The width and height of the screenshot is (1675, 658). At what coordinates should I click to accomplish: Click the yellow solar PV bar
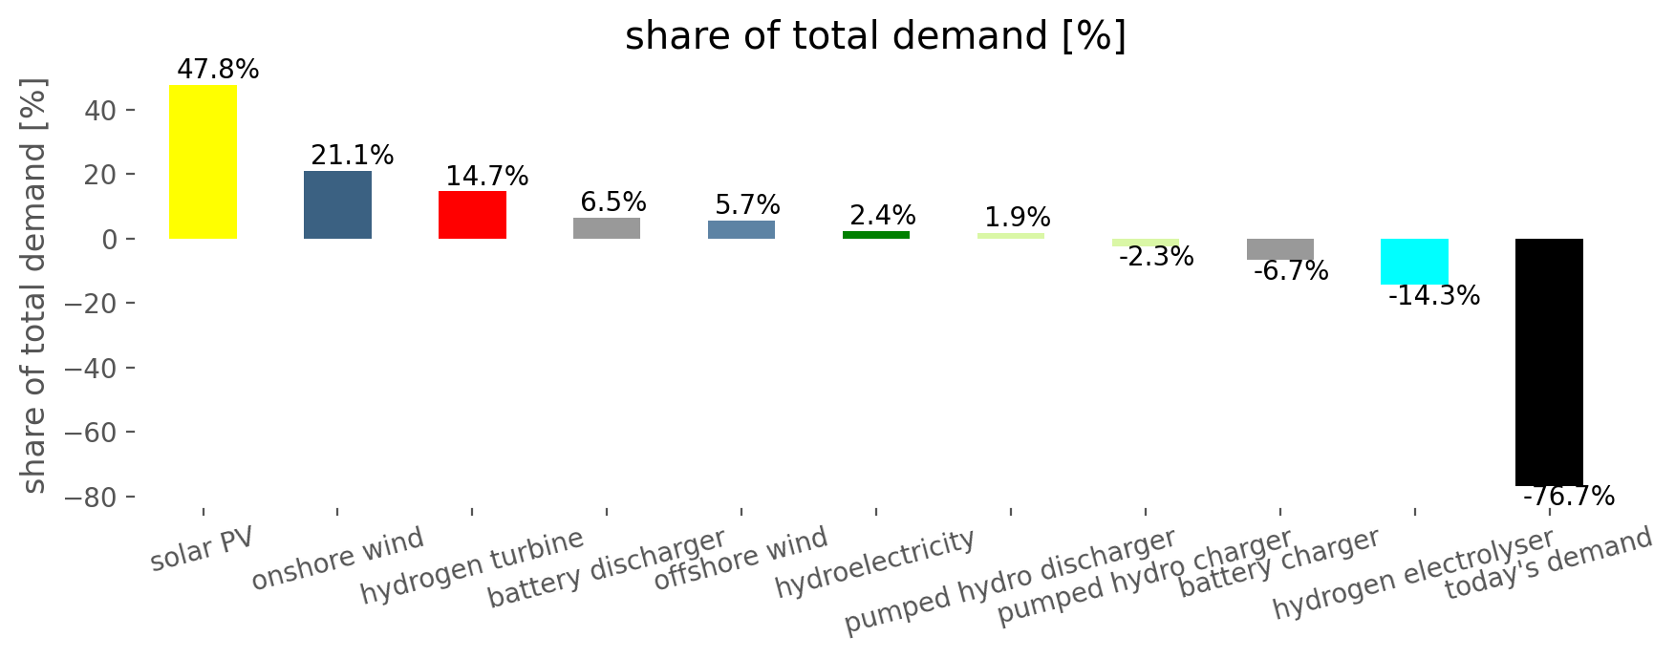click(203, 161)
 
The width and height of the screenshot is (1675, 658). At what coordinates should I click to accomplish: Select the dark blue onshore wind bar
click(337, 204)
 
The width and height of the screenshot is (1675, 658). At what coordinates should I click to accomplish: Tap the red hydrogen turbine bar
click(472, 215)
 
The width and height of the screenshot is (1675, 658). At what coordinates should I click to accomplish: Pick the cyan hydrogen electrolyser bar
click(1414, 262)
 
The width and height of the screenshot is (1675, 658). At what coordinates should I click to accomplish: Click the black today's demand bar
click(1549, 362)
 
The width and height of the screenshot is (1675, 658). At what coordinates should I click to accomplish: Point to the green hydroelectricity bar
click(876, 235)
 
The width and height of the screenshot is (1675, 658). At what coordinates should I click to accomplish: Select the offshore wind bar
click(741, 229)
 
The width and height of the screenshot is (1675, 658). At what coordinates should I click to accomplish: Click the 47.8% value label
click(218, 70)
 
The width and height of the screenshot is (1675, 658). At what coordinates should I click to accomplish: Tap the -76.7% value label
click(1568, 497)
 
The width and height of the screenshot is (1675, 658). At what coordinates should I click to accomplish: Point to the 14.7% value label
click(487, 177)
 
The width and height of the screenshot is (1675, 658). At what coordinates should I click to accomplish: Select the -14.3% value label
click(1434, 296)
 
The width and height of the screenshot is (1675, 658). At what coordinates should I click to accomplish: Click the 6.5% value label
click(613, 202)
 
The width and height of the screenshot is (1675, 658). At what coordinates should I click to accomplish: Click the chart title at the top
click(875, 36)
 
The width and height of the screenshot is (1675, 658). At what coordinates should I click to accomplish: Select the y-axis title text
click(34, 287)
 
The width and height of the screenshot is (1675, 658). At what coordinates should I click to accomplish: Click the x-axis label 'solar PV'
click(202, 548)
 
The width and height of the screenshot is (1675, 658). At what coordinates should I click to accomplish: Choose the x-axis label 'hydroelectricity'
click(875, 563)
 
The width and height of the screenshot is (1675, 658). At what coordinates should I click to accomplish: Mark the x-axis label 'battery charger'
click(1279, 562)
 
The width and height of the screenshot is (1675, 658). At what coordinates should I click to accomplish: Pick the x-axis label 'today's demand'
click(1548, 563)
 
